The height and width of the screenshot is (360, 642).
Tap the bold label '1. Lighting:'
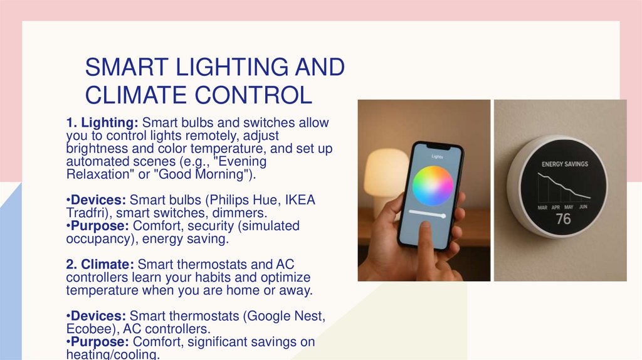point(103,122)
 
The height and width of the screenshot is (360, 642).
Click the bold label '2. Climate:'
point(100,265)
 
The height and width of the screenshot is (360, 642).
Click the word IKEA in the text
point(300,199)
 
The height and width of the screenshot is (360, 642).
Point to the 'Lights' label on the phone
point(437,156)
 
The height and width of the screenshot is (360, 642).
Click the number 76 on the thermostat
point(563,219)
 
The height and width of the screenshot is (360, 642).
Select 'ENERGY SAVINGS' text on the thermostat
point(565,164)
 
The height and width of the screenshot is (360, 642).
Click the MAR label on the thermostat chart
point(542,207)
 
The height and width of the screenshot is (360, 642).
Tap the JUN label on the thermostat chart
point(583,207)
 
